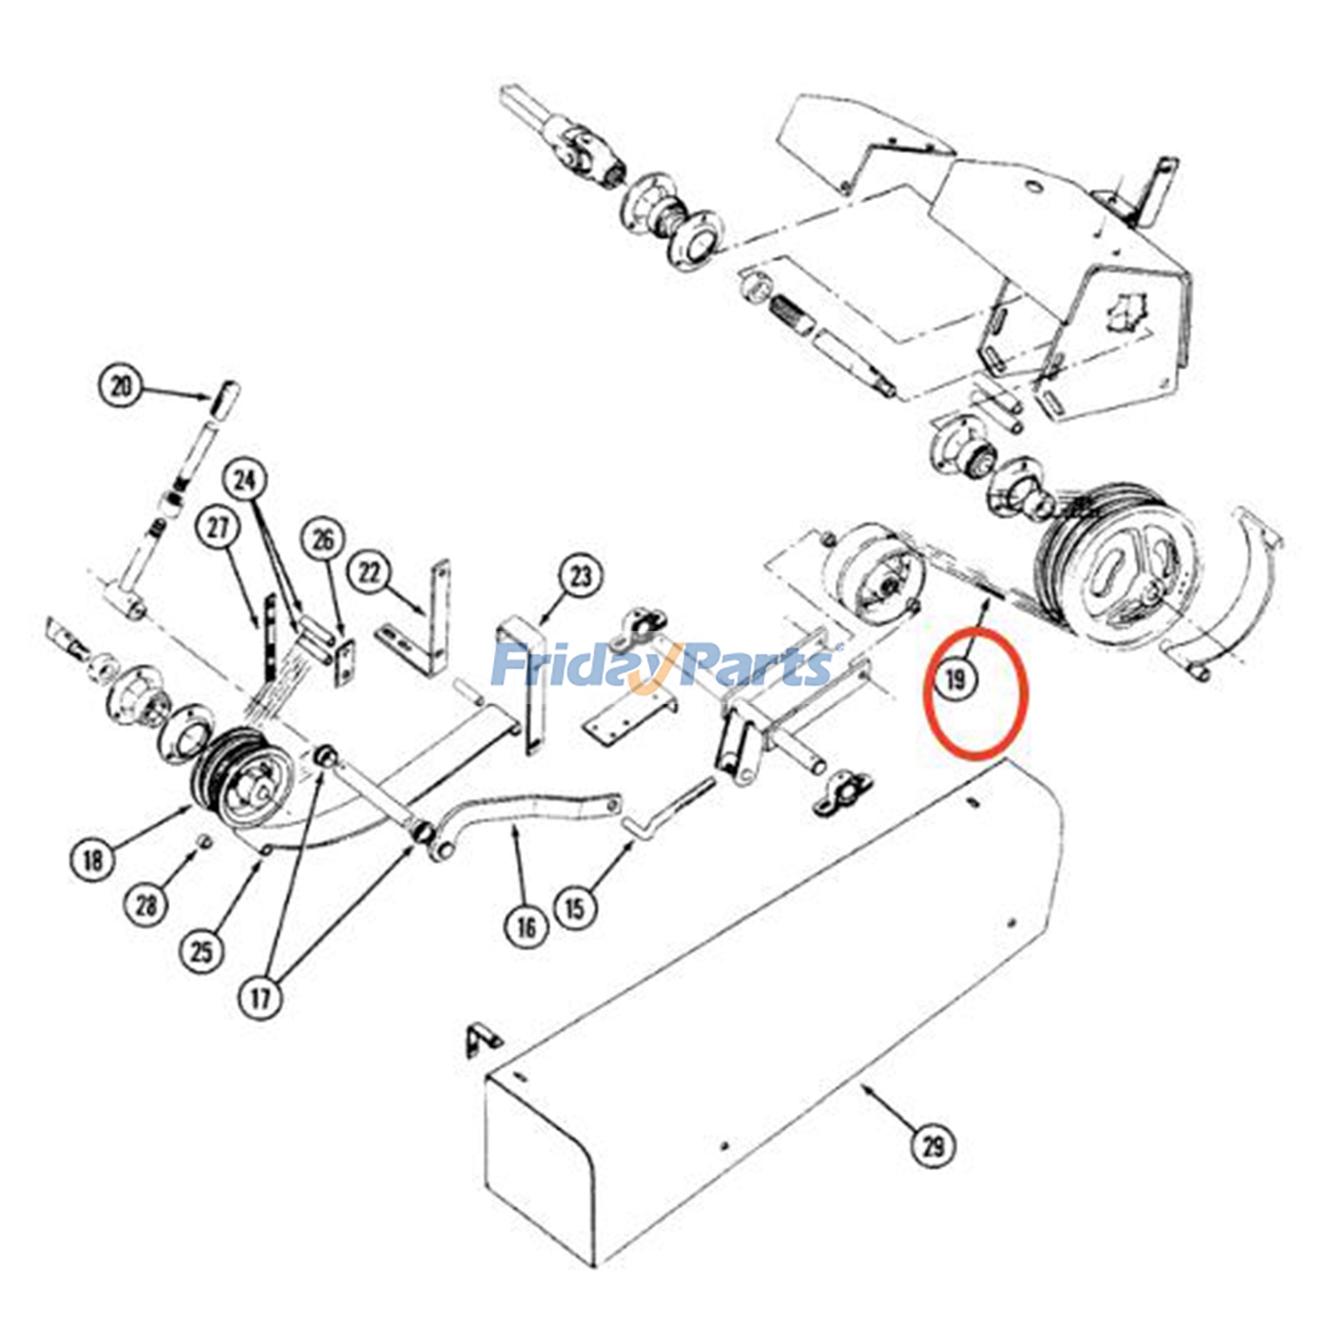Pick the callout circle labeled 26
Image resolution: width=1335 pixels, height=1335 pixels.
point(323,540)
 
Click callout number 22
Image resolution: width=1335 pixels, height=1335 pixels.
point(370,572)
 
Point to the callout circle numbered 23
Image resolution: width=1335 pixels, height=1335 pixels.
point(581,576)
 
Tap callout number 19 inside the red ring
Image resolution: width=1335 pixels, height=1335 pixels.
point(955,680)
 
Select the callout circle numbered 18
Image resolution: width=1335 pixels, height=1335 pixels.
point(93,859)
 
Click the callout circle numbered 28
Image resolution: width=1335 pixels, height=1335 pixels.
point(147,904)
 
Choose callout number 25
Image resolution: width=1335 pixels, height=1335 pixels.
point(203,951)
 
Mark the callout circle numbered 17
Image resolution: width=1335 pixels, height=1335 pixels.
point(261,997)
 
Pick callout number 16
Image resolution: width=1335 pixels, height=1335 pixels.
point(526,926)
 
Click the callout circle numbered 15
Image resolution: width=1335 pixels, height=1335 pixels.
point(576,907)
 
